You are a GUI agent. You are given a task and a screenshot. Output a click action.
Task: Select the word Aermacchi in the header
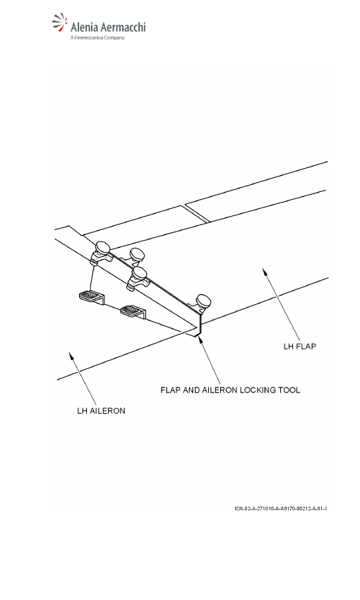click(x=124, y=27)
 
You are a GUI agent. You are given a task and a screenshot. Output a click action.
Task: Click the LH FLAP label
click(x=299, y=347)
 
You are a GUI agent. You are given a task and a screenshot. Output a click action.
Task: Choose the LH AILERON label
click(x=101, y=411)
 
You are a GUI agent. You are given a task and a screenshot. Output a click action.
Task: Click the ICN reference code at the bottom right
click(x=281, y=508)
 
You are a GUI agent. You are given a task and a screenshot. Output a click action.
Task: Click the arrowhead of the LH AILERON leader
click(x=71, y=356)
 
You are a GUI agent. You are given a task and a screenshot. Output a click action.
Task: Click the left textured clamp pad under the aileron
click(x=92, y=297)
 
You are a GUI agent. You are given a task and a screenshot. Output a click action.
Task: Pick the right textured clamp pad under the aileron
click(x=133, y=311)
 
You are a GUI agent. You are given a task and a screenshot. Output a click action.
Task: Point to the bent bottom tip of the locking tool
click(x=198, y=335)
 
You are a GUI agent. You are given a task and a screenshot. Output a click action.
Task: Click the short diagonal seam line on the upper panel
click(x=197, y=213)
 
